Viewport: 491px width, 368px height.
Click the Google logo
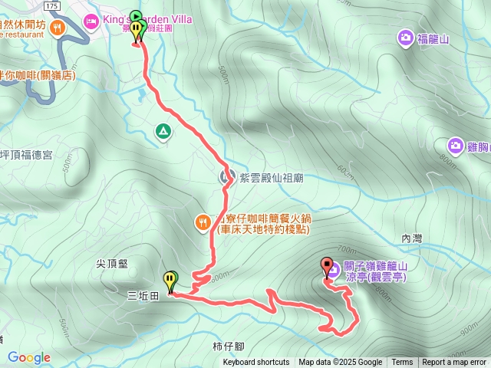pos(29,357)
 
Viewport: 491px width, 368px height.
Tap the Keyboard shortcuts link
pos(256,363)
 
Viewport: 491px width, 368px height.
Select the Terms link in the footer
pos(402,363)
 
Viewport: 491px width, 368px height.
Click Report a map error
pos(454,363)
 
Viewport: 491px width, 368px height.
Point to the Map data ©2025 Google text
pos(341,363)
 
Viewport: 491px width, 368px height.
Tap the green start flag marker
pos(136,17)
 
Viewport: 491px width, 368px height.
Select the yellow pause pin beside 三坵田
pos(170,279)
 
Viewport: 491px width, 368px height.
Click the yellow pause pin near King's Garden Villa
pos(137,31)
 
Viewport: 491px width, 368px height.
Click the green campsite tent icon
pos(163,132)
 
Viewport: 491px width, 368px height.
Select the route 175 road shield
pos(51,5)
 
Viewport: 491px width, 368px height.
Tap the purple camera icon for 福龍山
pos(404,37)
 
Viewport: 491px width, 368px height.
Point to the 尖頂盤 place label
pos(111,263)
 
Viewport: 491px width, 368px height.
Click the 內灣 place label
pos(412,239)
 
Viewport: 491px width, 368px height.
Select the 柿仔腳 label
pos(228,347)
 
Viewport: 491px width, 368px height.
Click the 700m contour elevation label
pos(347,250)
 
